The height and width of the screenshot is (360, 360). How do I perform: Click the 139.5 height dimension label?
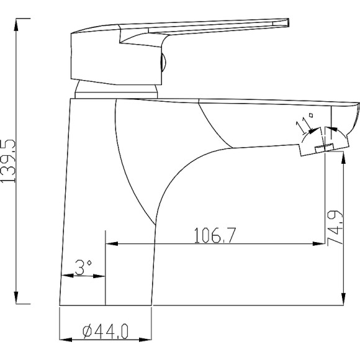click(8, 161)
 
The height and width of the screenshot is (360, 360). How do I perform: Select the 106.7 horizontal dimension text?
click(215, 235)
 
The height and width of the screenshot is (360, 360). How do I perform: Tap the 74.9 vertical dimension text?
click(335, 228)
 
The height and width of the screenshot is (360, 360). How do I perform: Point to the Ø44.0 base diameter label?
click(106, 331)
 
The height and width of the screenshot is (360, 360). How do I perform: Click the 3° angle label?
click(83, 268)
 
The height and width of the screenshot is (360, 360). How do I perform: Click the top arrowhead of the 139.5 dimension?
click(16, 25)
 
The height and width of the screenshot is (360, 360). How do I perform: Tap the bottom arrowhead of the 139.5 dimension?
click(16, 297)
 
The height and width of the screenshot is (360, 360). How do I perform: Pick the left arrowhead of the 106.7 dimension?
click(112, 243)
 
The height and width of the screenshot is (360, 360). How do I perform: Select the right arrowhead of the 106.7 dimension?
click(319, 243)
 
